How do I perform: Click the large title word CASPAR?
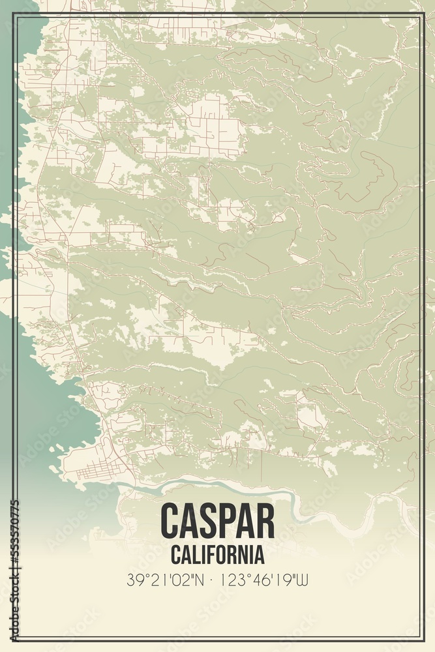pyautogui.click(x=217, y=520)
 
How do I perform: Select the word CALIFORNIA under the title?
pyautogui.click(x=217, y=556)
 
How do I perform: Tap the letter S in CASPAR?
pyautogui.click(x=207, y=520)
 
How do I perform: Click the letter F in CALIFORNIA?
pyautogui.click(x=209, y=556)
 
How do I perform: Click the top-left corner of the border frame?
pyautogui.click(x=16, y=14)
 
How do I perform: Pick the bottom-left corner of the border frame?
pyautogui.click(x=16, y=638)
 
